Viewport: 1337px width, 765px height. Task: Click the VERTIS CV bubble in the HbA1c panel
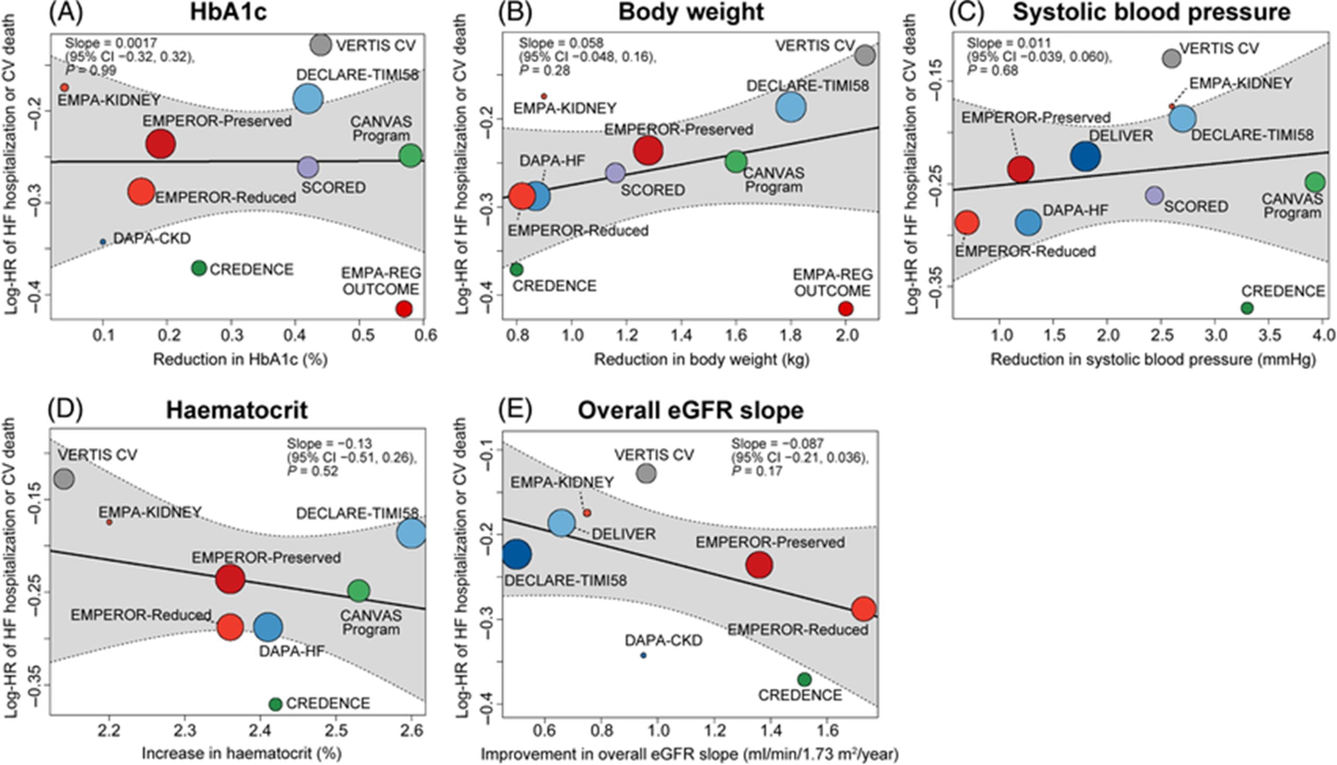point(320,45)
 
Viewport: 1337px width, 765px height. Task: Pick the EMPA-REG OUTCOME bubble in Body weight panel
point(846,308)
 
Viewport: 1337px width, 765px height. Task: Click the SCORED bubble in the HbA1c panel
point(308,167)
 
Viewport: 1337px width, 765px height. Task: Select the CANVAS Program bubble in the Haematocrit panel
point(359,591)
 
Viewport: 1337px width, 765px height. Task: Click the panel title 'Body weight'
point(690,13)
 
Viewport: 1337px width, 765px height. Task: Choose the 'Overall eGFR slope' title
point(690,410)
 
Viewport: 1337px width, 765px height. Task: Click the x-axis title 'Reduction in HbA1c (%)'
point(240,360)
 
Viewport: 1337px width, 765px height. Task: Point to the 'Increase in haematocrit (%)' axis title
point(241,753)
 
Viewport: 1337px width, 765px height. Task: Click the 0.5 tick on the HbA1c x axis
point(359,335)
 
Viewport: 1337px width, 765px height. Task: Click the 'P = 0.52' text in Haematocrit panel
point(313,471)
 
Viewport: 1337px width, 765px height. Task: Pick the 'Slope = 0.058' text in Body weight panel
point(561,43)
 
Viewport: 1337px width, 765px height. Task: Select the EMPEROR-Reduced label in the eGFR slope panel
point(798,629)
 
